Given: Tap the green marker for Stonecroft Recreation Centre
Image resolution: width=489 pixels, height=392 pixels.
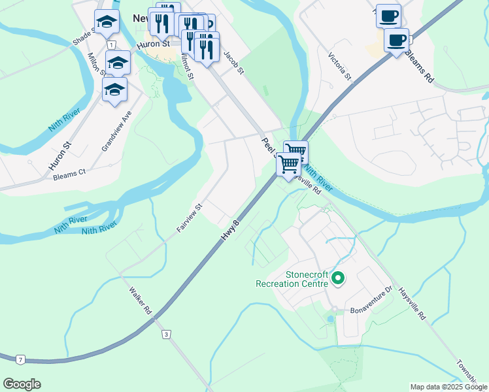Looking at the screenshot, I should pyautogui.click(x=338, y=279).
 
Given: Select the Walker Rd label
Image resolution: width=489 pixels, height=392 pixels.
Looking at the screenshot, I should pyautogui.click(x=141, y=301).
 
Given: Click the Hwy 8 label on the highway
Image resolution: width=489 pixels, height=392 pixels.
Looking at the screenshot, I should pyautogui.click(x=231, y=232).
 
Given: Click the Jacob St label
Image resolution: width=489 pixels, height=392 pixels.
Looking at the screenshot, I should pyautogui.click(x=233, y=61).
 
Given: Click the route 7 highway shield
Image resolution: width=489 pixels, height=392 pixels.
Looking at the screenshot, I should pyautogui.click(x=21, y=359).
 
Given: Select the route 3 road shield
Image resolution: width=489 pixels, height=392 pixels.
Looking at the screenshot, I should pyautogui.click(x=167, y=335).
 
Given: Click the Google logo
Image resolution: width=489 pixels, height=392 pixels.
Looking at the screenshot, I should pyautogui.click(x=22, y=384).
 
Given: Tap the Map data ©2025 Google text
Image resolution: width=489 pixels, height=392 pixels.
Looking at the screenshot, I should pyautogui.click(x=448, y=387).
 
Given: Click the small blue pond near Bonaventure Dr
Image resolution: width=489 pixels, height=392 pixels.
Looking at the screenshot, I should pyautogui.click(x=330, y=319).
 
